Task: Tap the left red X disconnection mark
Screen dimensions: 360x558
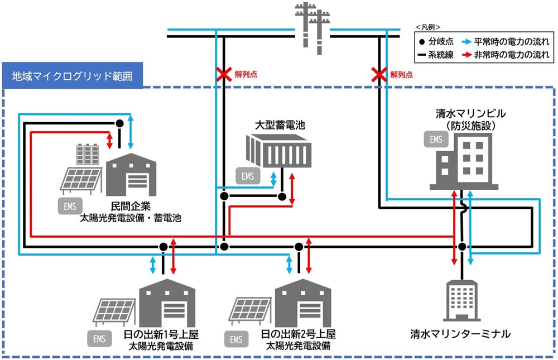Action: (x=224, y=74)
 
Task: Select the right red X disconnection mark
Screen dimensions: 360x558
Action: (x=379, y=74)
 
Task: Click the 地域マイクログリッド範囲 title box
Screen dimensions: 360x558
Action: (x=72, y=76)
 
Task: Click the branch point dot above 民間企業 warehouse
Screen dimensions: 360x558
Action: (x=119, y=123)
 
